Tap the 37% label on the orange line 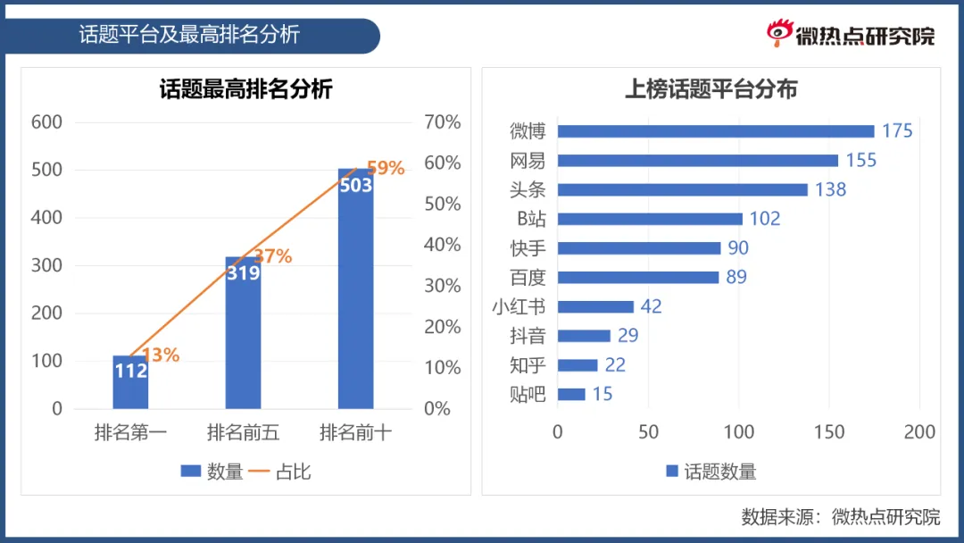(273, 256)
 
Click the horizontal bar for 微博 (715, 131)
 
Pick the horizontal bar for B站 (650, 219)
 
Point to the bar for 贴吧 (571, 394)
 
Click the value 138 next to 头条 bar (829, 189)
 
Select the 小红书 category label (519, 306)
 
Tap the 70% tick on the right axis (442, 122)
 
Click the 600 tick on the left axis (46, 122)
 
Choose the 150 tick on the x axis (829, 432)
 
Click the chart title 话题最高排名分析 (245, 89)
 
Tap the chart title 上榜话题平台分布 (711, 89)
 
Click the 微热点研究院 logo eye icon (780, 33)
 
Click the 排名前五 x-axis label (243, 433)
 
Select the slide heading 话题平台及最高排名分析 (189, 35)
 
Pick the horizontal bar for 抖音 (584, 336)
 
